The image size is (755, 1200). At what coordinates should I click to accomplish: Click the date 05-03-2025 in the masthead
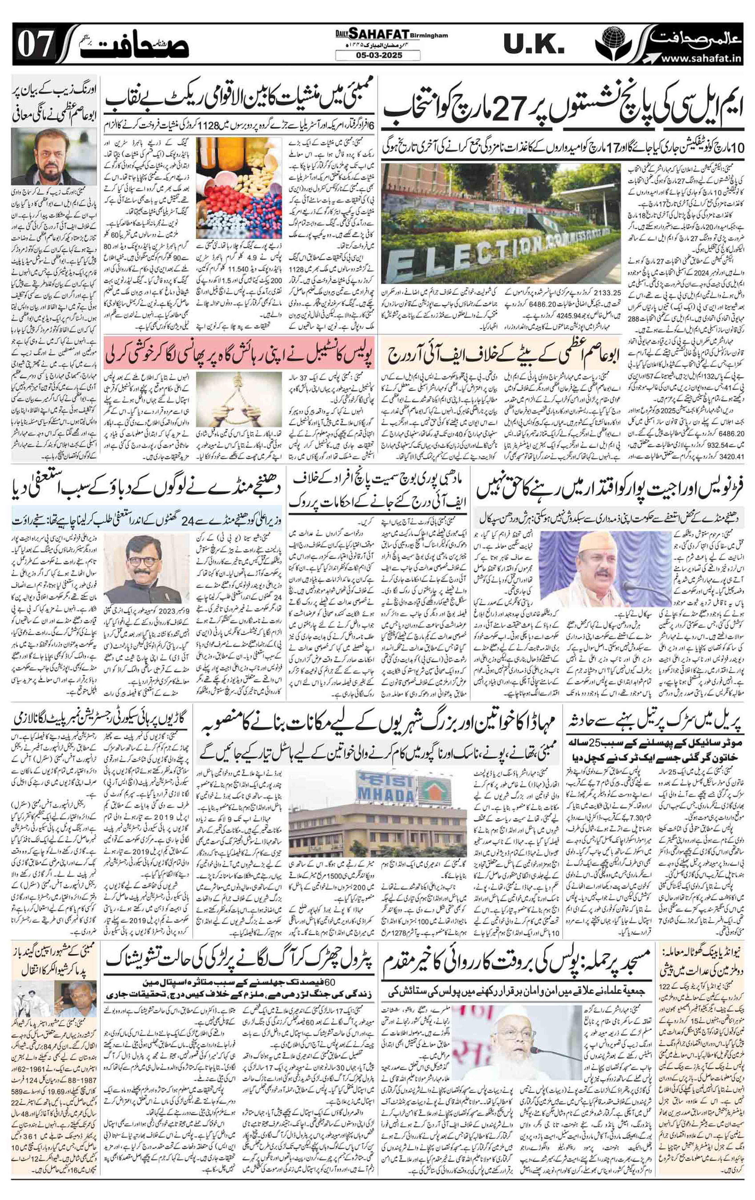378,56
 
